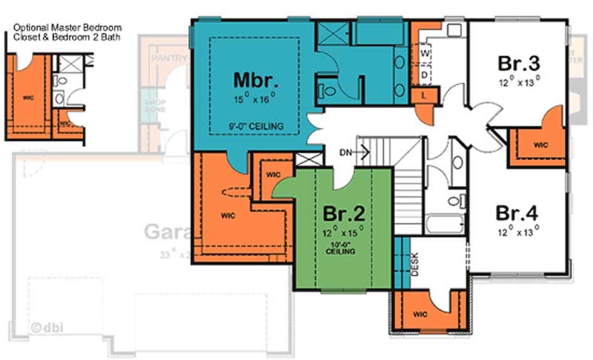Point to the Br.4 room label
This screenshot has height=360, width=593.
tap(517, 213)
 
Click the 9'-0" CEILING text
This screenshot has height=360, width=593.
tap(256, 127)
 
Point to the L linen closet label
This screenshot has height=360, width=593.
tap(423, 96)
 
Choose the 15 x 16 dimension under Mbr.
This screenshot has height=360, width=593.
tap(254, 96)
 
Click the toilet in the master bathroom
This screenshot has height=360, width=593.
tap(326, 91)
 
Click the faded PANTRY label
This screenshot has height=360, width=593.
tap(170, 58)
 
